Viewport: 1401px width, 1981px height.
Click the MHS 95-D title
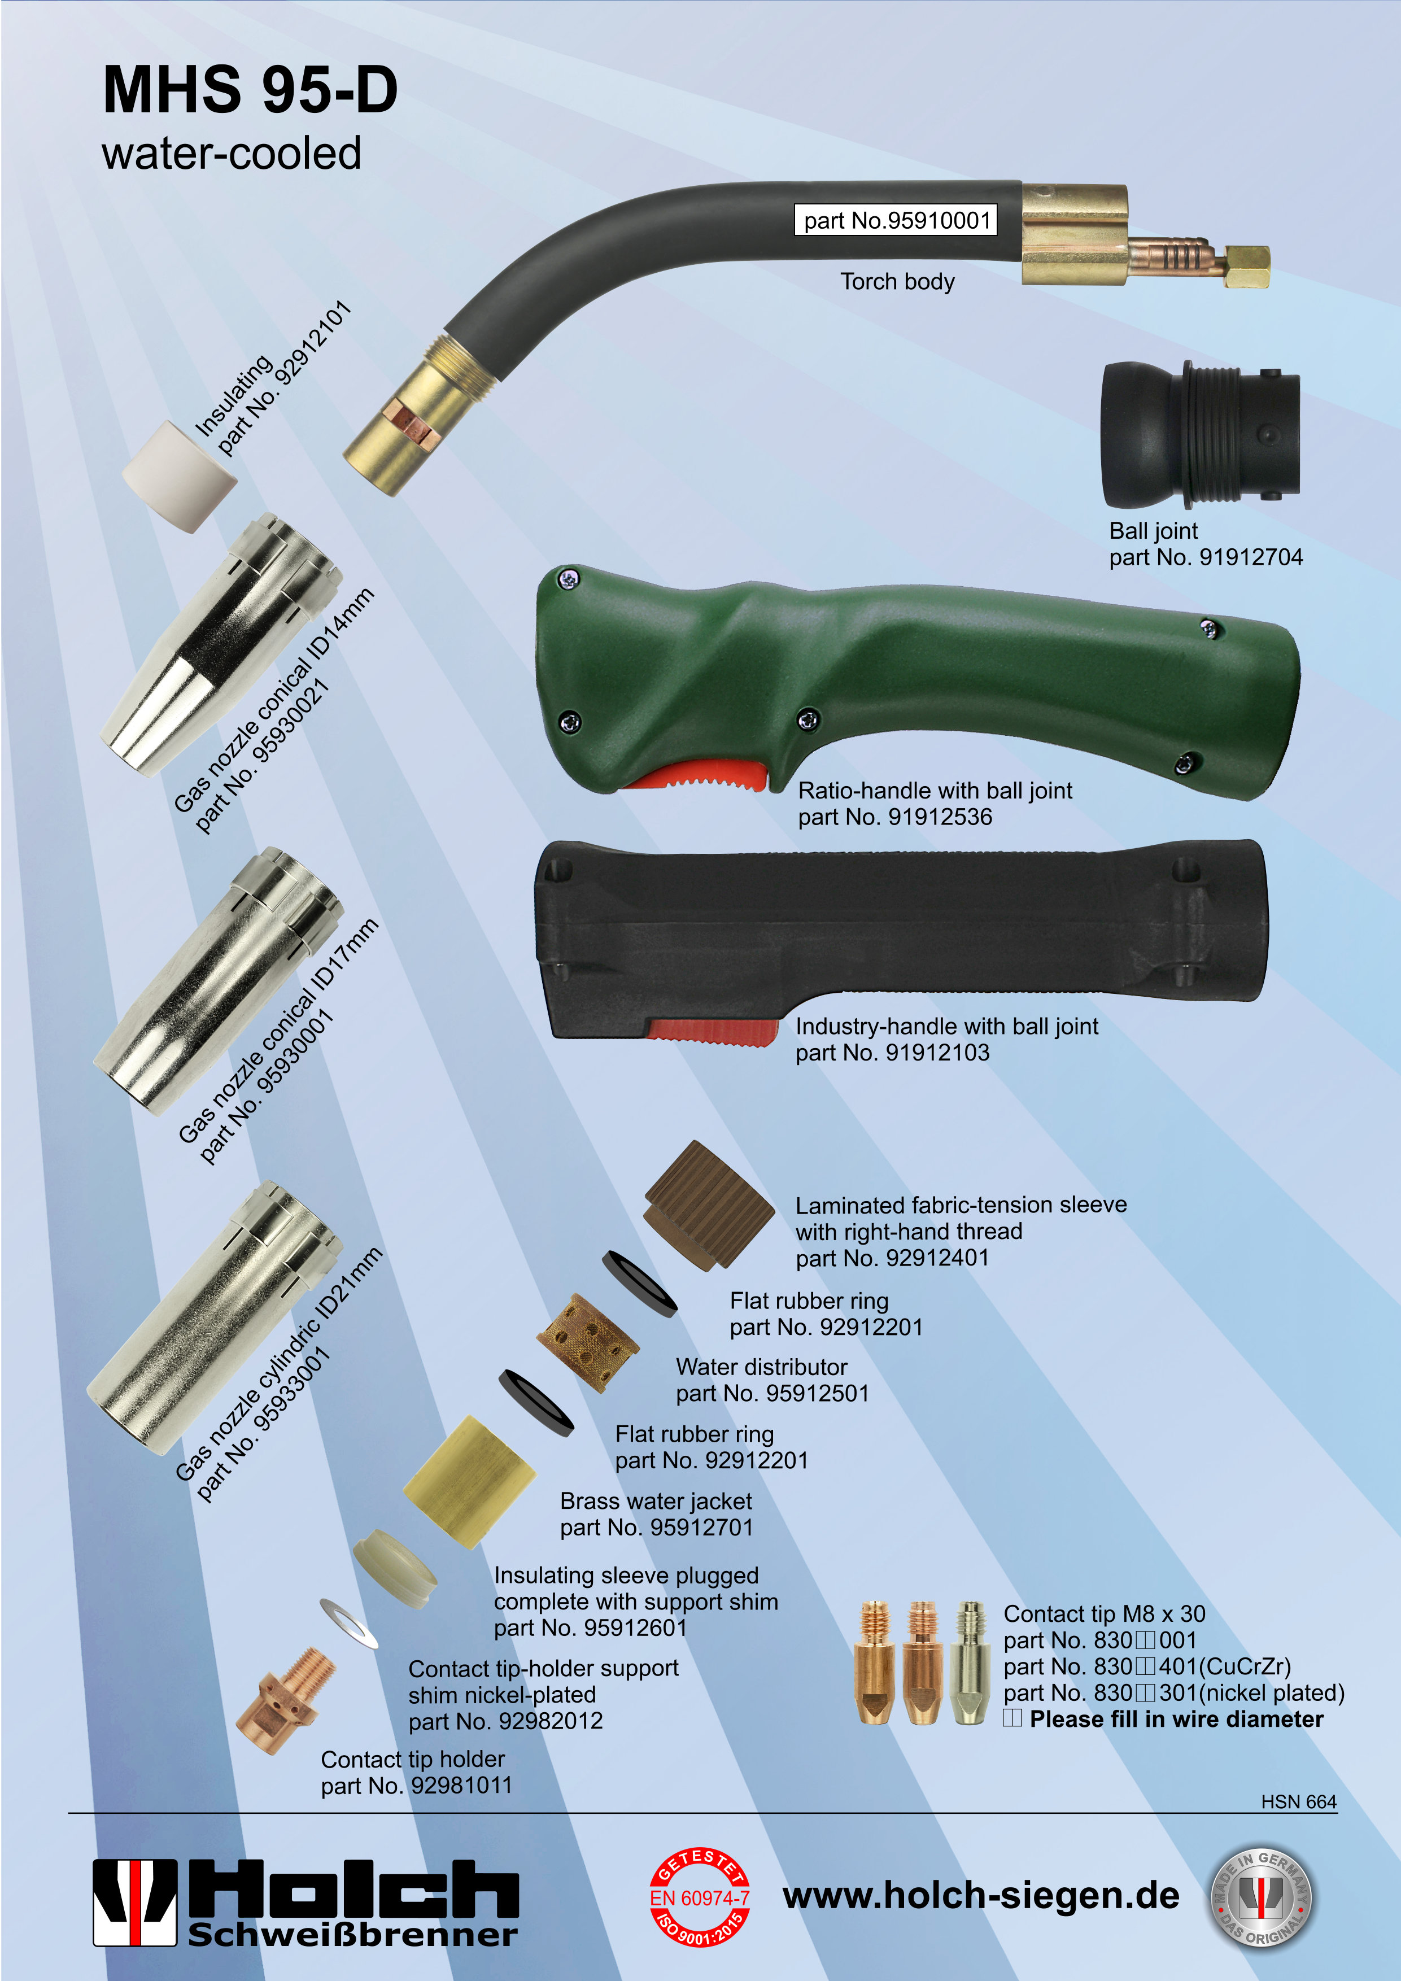[250, 90]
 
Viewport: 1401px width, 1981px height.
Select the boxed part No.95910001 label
[896, 220]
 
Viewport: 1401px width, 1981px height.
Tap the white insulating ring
[180, 475]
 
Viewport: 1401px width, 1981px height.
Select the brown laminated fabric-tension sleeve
[709, 1206]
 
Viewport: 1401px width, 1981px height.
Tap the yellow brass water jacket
[470, 1481]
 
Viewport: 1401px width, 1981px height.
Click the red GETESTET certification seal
[700, 1897]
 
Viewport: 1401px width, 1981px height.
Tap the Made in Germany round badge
[1260, 1897]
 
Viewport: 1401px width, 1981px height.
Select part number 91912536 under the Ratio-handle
[896, 817]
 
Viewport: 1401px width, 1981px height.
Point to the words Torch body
[898, 282]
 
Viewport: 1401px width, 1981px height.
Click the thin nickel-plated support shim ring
[348, 1622]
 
